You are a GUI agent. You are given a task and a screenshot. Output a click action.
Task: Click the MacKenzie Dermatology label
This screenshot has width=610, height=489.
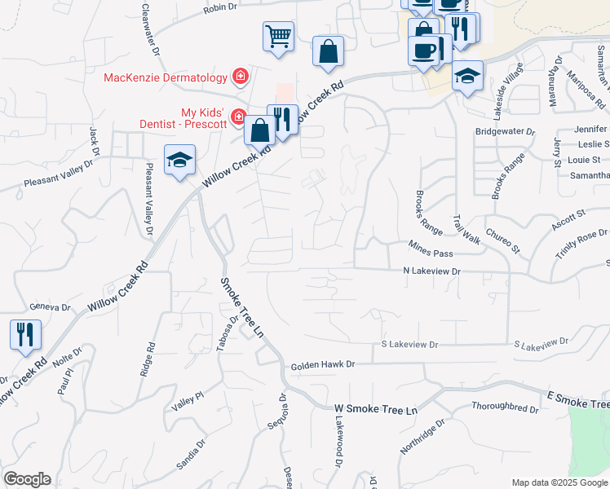pos(165,77)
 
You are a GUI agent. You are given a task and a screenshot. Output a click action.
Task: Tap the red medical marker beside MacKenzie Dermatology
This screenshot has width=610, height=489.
pos(241,77)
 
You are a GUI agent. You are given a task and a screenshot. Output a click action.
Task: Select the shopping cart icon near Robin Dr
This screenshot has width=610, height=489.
pos(278,37)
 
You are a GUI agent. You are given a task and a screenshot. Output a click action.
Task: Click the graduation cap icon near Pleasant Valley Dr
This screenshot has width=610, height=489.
pos(179,159)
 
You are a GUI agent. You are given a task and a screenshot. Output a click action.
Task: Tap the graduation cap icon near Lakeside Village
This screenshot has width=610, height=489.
pos(467,76)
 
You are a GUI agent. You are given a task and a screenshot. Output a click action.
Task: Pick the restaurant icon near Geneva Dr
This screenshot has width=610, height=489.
pos(25,333)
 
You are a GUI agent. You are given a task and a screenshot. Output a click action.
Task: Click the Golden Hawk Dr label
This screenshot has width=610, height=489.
pos(324,366)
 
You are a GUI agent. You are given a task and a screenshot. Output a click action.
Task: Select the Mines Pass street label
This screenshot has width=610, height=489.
pos(431,253)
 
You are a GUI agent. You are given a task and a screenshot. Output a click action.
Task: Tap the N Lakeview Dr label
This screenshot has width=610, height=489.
pos(432,271)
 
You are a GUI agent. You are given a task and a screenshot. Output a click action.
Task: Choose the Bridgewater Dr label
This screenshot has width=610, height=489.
pos(505,130)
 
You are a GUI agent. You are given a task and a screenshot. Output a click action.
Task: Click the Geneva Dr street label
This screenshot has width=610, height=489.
pos(51,307)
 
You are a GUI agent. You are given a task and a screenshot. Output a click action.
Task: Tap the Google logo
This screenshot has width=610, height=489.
pos(27,479)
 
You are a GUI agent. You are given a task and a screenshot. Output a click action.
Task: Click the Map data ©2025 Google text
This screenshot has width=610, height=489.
pos(558,482)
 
